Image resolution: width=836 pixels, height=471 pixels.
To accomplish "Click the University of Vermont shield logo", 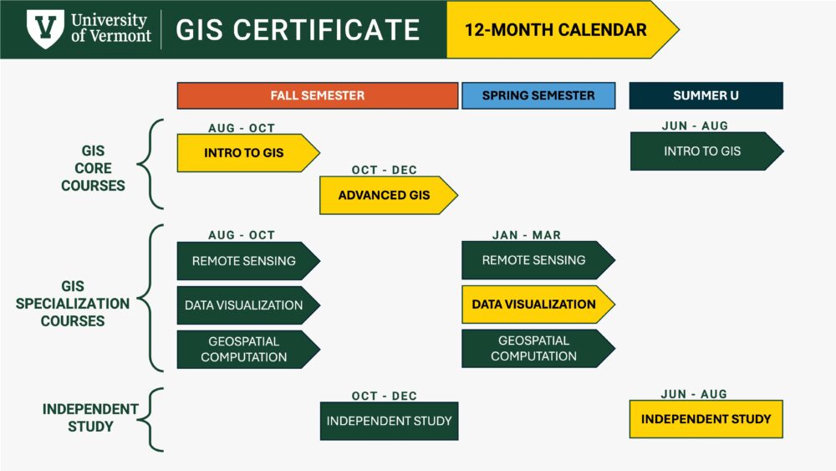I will (x=44, y=29).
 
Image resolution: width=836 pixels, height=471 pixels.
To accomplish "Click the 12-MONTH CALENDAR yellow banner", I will (x=555, y=30).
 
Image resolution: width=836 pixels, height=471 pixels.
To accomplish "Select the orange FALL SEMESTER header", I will (x=318, y=95).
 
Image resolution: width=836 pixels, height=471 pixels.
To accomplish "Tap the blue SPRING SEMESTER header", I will (x=538, y=95).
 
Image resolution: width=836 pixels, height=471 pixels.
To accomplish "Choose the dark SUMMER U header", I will (x=706, y=95).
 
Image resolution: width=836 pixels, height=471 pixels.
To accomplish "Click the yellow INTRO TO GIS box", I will (x=244, y=153).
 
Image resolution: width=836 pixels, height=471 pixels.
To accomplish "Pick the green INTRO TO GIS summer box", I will (x=702, y=151).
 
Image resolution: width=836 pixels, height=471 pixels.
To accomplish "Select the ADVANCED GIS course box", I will (x=385, y=195).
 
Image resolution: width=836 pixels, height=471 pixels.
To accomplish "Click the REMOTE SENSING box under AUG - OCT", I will (x=244, y=260).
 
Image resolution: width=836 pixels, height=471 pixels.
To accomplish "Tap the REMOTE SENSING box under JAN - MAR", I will (x=534, y=260).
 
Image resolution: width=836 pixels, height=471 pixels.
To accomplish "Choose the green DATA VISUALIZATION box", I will (x=244, y=305).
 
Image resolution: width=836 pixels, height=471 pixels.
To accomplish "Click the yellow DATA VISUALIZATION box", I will (x=534, y=304).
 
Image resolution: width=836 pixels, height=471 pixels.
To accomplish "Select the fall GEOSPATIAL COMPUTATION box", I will (x=244, y=349).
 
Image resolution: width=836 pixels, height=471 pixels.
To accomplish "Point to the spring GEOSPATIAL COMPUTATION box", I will (x=534, y=348).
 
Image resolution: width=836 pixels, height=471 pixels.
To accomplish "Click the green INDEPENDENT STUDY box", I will (x=389, y=421).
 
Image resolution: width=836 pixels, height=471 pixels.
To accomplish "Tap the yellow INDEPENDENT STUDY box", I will (x=706, y=418).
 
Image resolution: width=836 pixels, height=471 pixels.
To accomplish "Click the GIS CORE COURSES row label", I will (x=93, y=167).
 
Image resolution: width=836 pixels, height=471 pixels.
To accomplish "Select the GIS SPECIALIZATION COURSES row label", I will (x=73, y=304).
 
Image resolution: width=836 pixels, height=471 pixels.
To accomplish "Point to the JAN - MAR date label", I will (x=527, y=235).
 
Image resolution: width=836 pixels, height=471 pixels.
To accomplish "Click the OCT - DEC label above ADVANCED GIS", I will (x=385, y=170).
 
